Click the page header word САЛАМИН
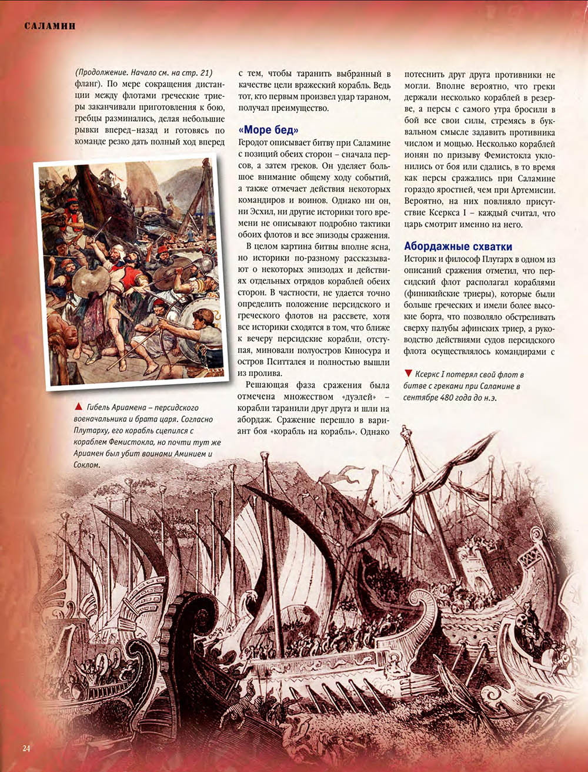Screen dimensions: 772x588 (x=50, y=26)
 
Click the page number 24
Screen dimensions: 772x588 (x=26, y=748)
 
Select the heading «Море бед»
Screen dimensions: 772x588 (x=269, y=130)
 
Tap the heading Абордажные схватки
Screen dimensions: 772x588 (x=458, y=246)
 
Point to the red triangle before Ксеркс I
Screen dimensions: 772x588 (x=408, y=374)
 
